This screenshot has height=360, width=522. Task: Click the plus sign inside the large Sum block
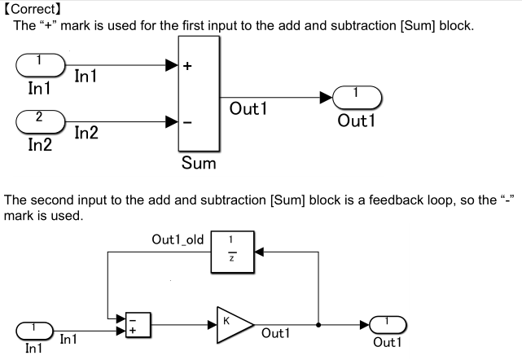coord(187,68)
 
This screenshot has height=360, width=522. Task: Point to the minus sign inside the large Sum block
coord(187,123)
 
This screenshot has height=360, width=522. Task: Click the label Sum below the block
coord(200,165)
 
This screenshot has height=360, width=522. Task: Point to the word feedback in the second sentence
coord(388,200)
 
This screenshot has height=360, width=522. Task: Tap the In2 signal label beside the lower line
coord(89,133)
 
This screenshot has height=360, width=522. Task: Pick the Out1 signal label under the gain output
coord(278,333)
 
